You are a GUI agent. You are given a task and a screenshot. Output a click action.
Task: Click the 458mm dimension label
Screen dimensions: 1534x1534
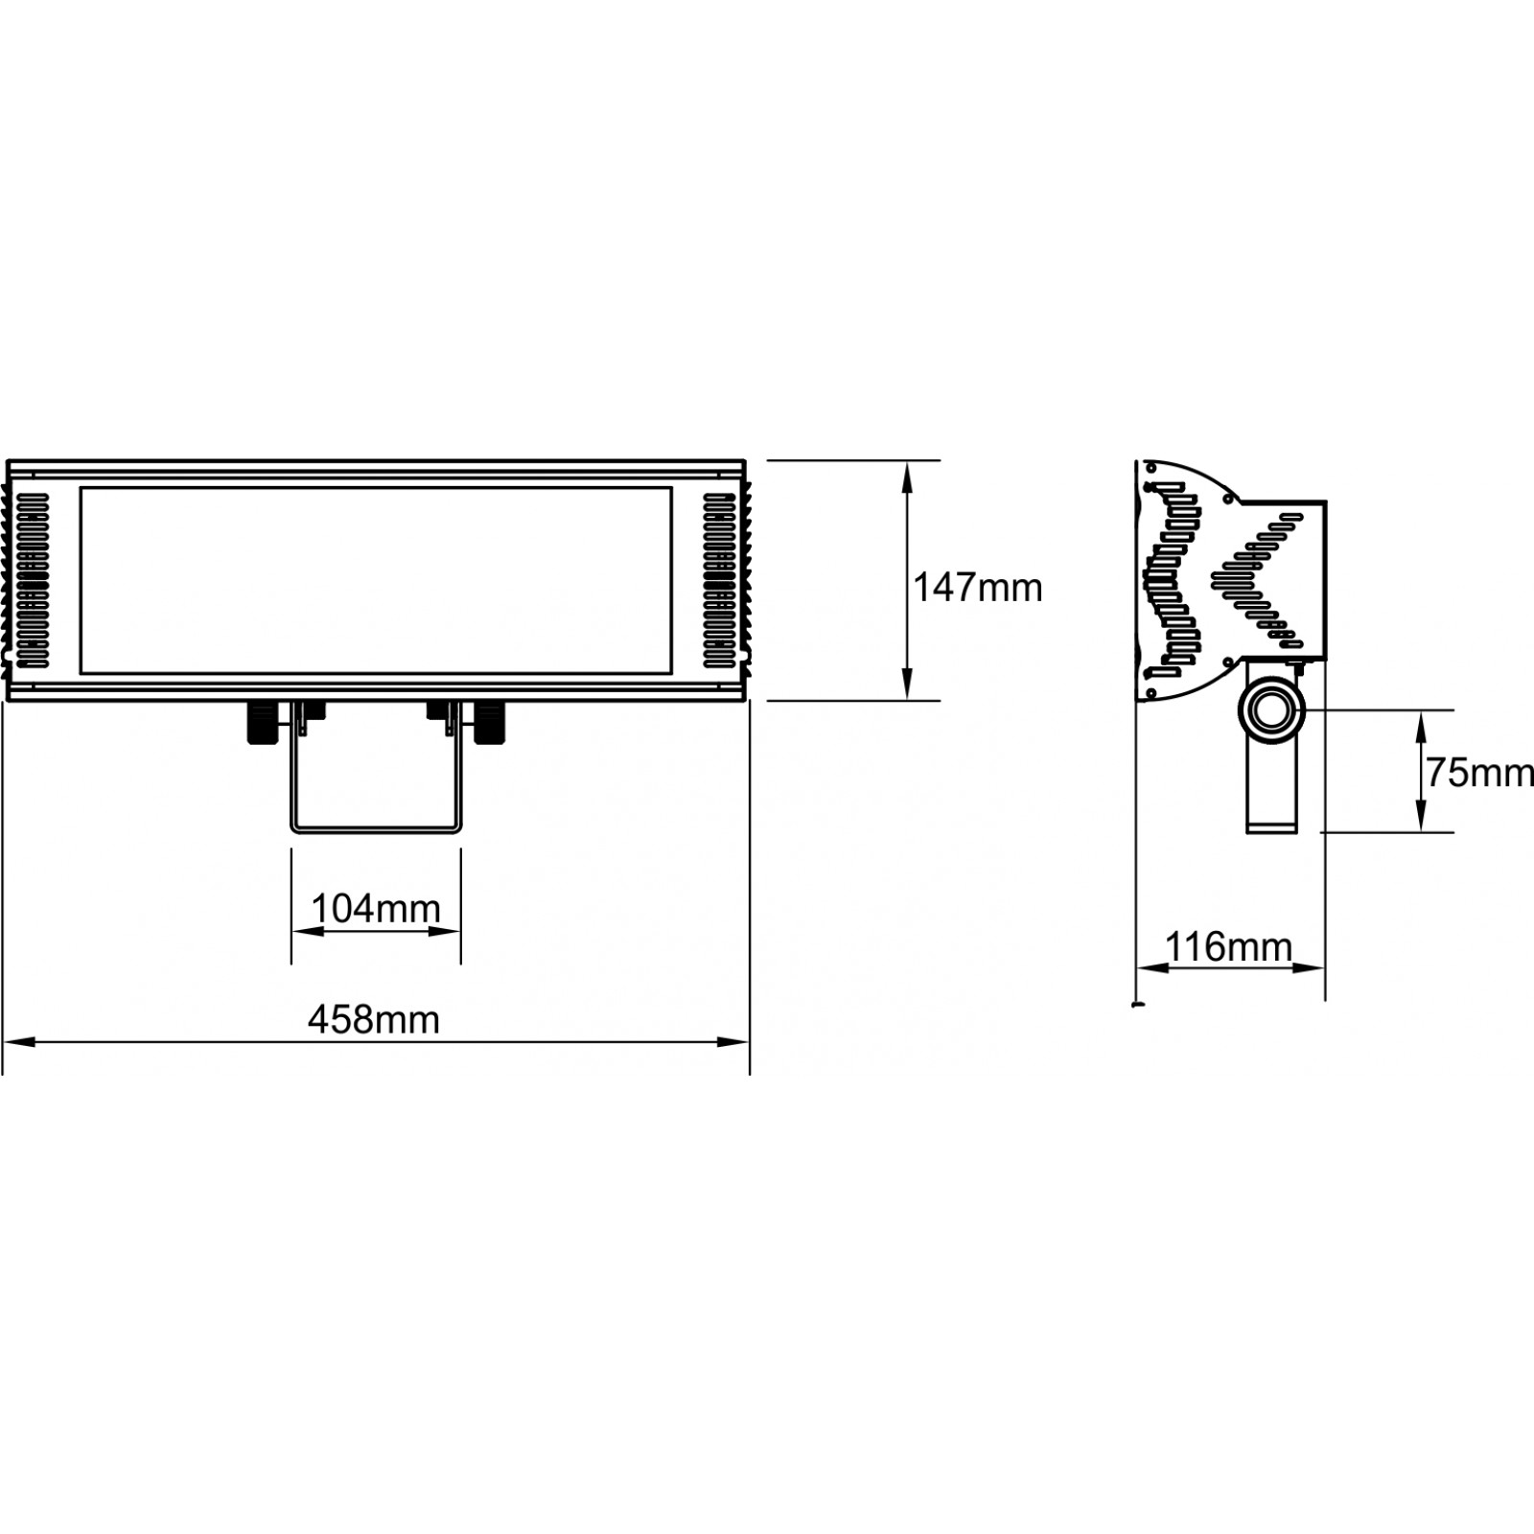[x=374, y=1019]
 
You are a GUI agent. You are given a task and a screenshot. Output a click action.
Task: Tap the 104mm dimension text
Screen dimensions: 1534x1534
[x=376, y=907]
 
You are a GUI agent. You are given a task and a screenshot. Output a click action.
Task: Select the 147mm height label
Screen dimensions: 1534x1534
[x=977, y=587]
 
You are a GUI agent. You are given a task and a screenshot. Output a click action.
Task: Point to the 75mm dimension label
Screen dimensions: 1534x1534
[x=1480, y=772]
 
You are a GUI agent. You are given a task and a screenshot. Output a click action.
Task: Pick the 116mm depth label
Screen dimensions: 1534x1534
[x=1228, y=947]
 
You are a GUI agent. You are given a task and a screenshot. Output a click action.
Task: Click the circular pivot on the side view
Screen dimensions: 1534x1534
[x=1272, y=711]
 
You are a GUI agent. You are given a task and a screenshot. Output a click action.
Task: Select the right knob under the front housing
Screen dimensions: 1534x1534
[x=490, y=724]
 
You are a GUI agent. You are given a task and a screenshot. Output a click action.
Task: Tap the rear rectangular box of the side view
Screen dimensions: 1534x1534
[x=1285, y=580]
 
